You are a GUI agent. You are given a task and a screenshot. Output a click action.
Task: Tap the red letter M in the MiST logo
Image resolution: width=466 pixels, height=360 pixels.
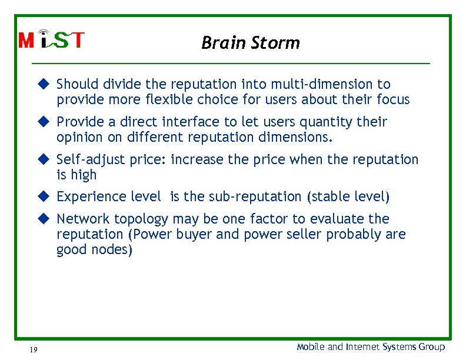[27, 41]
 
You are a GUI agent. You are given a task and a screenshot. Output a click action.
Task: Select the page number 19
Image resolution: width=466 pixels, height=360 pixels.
[33, 350]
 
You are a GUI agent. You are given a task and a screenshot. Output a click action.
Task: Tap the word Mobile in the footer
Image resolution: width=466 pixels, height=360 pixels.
[311, 347]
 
